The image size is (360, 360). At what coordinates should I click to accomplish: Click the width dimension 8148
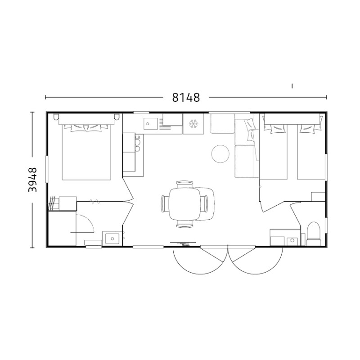coord(186,98)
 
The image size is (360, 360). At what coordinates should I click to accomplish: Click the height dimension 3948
coord(32,180)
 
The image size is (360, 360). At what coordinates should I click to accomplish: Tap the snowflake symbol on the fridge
coord(193,124)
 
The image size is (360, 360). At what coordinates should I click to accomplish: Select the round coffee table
coord(220,154)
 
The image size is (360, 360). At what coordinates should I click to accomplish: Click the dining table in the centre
coord(185,204)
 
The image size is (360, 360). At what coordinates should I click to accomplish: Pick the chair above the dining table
coord(184,184)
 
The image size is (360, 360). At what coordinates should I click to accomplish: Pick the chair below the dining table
coord(184,224)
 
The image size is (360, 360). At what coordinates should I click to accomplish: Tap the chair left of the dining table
coord(165,204)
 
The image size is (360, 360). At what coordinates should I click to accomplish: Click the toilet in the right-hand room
coord(314,234)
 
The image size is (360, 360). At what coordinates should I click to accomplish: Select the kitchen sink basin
coord(151,124)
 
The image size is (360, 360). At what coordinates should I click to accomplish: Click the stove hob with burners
coord(139,143)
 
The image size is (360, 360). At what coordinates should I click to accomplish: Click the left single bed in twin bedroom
coord(273,152)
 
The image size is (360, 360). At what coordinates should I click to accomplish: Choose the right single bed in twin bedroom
coord(311,152)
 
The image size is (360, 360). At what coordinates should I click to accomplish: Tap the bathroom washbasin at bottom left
coord(112,239)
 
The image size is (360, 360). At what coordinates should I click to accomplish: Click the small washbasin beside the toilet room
coord(292,241)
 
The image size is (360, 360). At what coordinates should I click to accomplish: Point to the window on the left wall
coord(47,169)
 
